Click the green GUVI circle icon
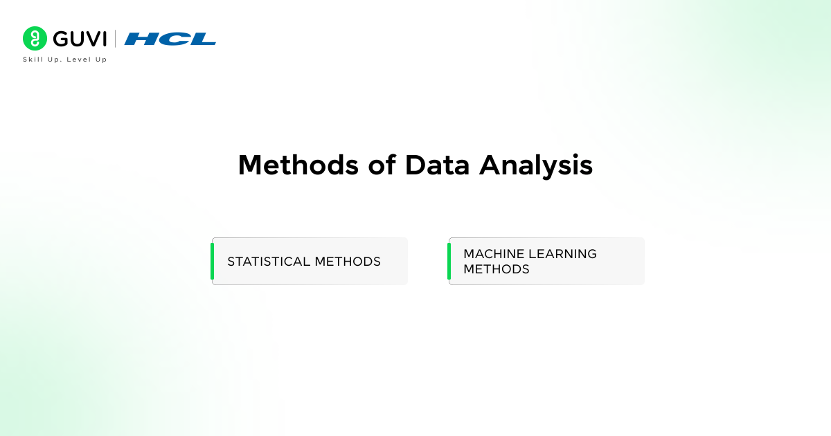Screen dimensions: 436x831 pyautogui.click(x=35, y=39)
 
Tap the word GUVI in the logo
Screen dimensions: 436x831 pyautogui.click(x=79, y=39)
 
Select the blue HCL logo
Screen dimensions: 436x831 pyautogui.click(x=170, y=39)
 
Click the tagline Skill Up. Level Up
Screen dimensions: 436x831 pyautogui.click(x=65, y=60)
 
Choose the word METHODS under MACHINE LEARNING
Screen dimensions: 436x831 pyautogui.click(x=497, y=269)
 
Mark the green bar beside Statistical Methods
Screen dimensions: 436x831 pyautogui.click(x=213, y=262)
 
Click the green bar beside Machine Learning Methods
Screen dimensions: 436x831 pyautogui.click(x=449, y=262)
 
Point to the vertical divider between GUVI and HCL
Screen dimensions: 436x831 pyautogui.click(x=115, y=39)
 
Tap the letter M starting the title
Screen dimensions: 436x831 pyautogui.click(x=252, y=165)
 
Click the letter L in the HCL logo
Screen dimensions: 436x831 pyautogui.click(x=202, y=39)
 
